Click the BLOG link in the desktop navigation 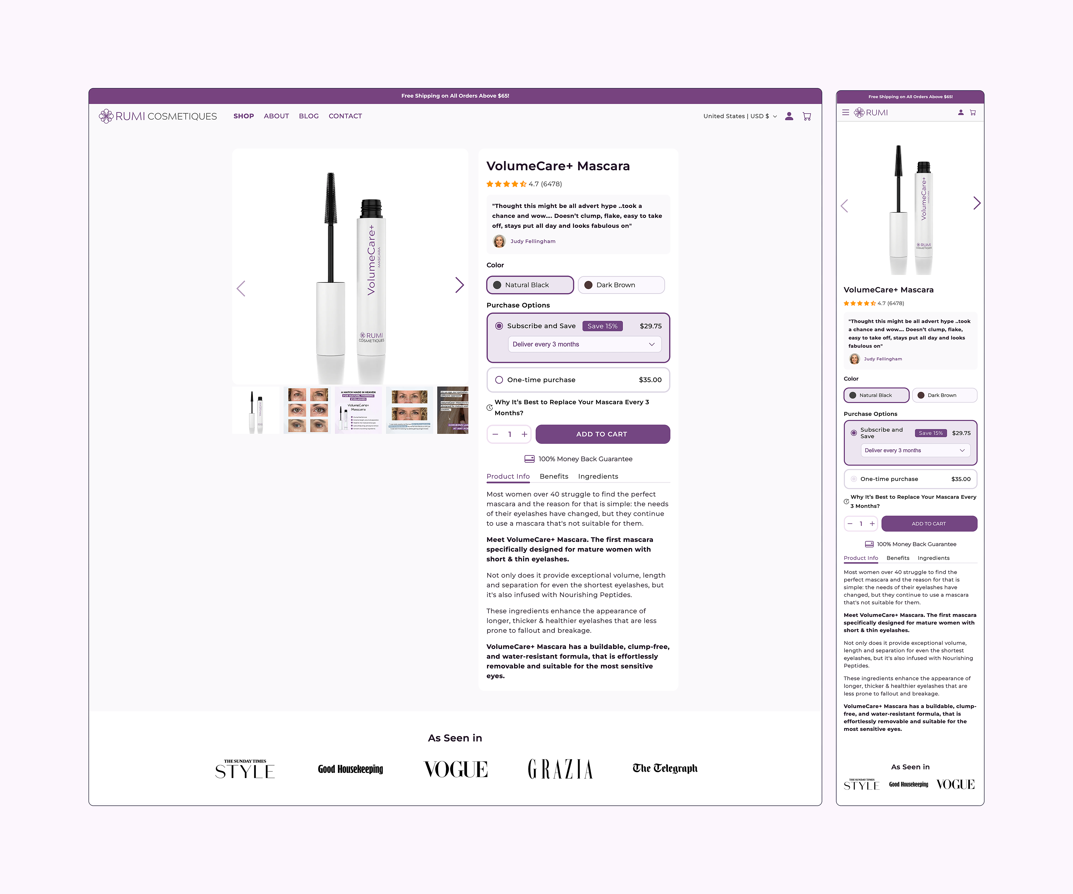click(x=309, y=116)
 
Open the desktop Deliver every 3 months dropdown click(x=584, y=344)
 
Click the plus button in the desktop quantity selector click(x=524, y=434)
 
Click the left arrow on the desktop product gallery click(x=241, y=289)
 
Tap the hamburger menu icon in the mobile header click(x=846, y=112)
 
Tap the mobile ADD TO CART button click(x=929, y=524)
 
